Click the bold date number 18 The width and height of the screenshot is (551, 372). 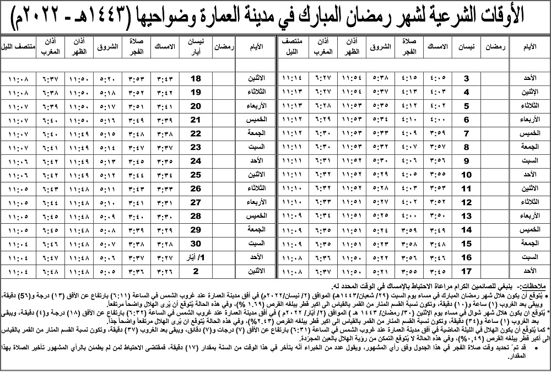tap(196, 79)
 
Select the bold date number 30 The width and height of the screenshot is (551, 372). tap(196, 244)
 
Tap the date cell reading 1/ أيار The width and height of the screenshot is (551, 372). tap(196, 257)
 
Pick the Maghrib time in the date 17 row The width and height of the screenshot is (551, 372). tap(325, 271)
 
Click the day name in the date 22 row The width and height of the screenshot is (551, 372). tap(253, 134)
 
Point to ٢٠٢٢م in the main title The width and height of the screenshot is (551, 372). tap(33, 18)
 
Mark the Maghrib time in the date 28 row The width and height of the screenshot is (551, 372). tap(48, 217)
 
